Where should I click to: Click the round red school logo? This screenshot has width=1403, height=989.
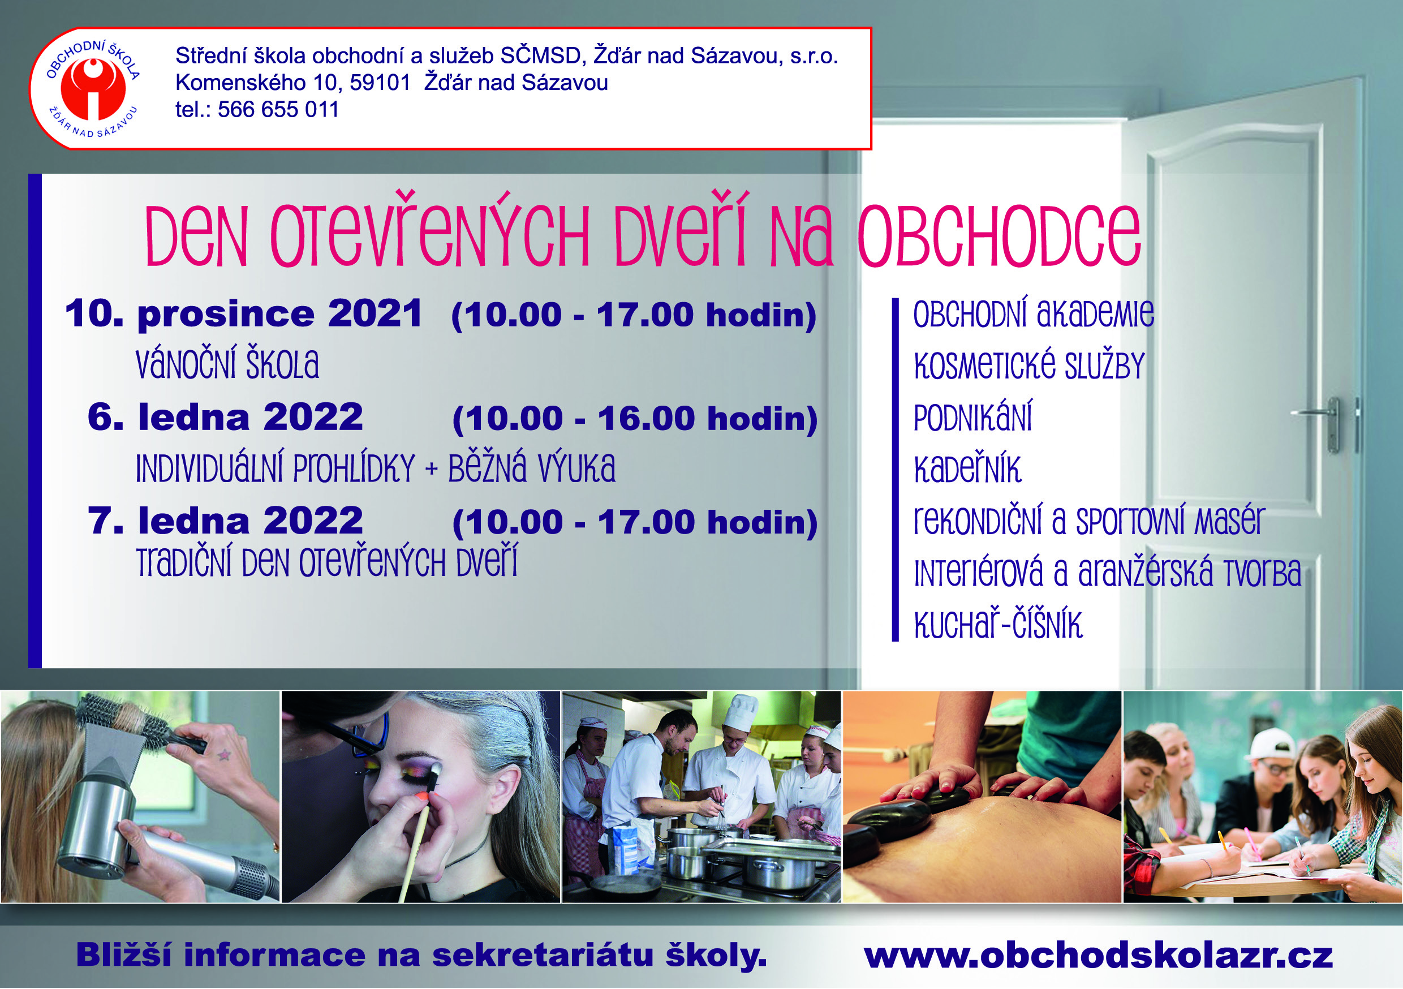tap(93, 89)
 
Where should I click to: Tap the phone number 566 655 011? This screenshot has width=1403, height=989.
tap(278, 109)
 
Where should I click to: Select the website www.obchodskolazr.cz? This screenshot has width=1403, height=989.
tap(1098, 956)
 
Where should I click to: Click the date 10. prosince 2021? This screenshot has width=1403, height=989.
tap(243, 313)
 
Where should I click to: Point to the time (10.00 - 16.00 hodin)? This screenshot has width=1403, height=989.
tap(634, 419)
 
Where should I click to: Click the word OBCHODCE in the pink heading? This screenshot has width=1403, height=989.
tap(999, 236)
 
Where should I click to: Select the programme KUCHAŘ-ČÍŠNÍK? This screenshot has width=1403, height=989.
tap(998, 623)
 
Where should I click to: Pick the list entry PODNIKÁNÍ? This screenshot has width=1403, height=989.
tap(973, 416)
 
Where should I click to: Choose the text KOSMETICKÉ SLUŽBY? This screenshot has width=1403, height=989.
tap(1029, 365)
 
